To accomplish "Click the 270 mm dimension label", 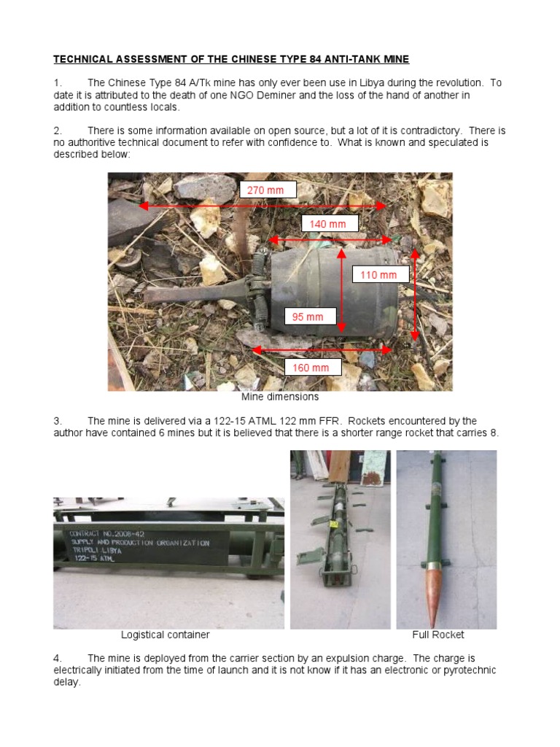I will coord(268,190).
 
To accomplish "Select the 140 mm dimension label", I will coord(330,224).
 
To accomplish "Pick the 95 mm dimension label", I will coord(309,317).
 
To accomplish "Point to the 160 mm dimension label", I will coord(311,368).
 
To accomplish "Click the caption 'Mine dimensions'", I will coord(280,398).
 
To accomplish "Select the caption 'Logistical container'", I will coord(165,635).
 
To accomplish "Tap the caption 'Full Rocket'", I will coord(437,635).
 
